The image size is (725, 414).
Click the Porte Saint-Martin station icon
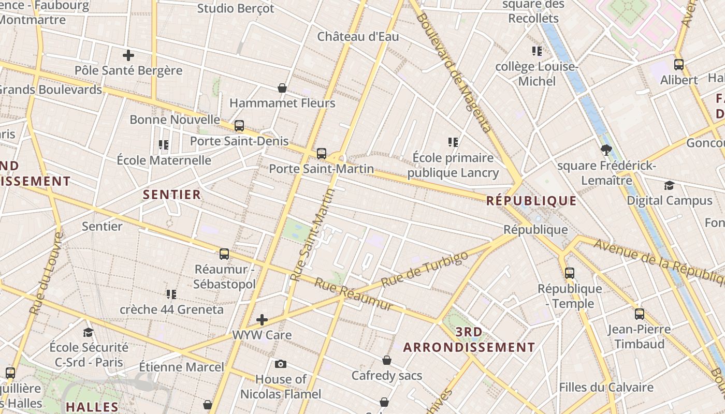pyautogui.click(x=322, y=154)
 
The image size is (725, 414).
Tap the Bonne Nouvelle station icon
pyautogui.click(x=239, y=126)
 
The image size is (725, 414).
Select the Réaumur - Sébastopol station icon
pyautogui.click(x=224, y=254)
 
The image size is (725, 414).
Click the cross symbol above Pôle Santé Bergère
pyautogui.click(x=128, y=55)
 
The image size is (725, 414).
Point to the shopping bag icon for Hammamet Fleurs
pyautogui.click(x=282, y=88)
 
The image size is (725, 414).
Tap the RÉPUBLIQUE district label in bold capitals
pyautogui.click(x=531, y=201)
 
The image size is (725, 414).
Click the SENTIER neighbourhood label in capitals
pyautogui.click(x=171, y=195)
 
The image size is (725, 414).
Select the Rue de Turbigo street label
pyautogui.click(x=424, y=269)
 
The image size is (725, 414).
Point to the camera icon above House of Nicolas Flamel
pyautogui.click(x=281, y=364)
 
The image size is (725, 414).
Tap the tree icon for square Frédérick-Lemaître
pyautogui.click(x=606, y=151)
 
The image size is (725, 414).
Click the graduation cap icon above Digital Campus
pyautogui.click(x=669, y=185)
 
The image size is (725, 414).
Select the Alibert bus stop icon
pyautogui.click(x=679, y=65)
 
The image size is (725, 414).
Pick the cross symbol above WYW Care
pyautogui.click(x=262, y=320)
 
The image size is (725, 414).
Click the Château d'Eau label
pyautogui.click(x=358, y=37)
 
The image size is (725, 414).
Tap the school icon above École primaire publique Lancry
pyautogui.click(x=453, y=142)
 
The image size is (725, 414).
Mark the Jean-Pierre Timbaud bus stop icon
pyautogui.click(x=640, y=314)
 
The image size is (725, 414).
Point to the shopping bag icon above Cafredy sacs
pyautogui.click(x=387, y=360)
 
